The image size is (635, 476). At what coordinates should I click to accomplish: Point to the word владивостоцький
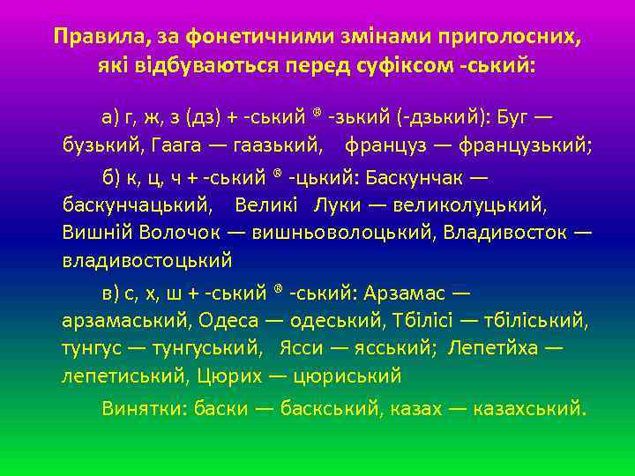tap(147, 261)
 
